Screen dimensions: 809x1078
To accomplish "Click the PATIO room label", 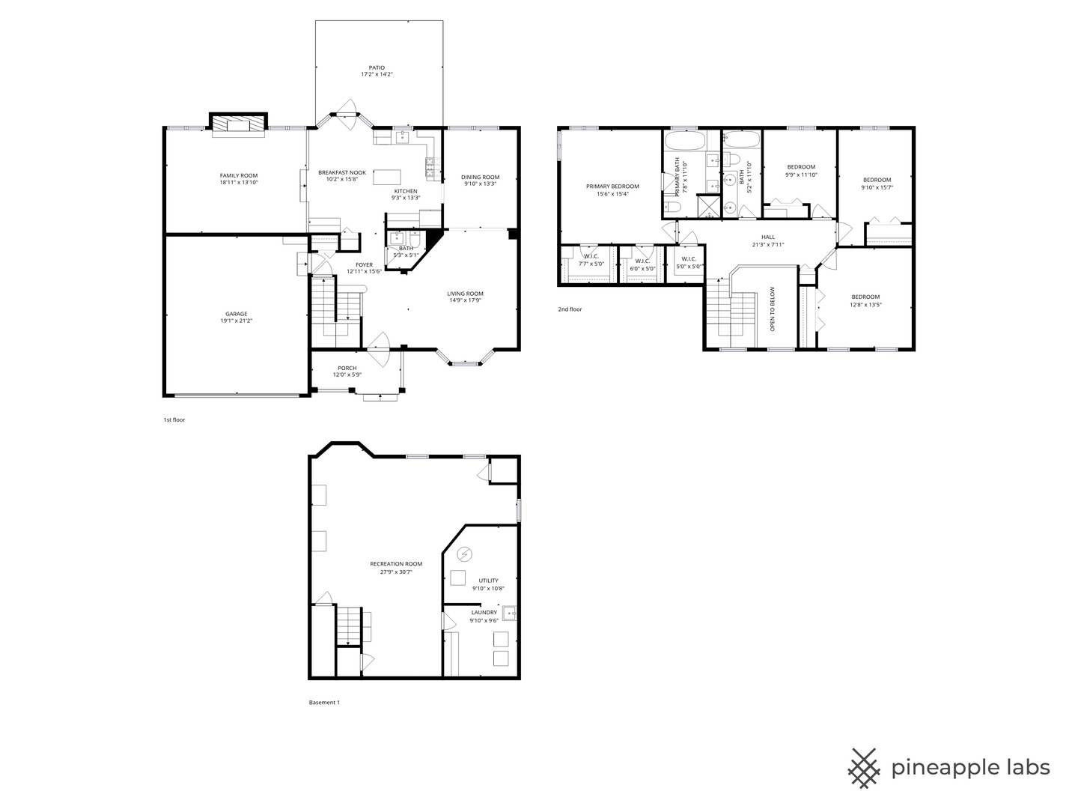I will click(377, 67).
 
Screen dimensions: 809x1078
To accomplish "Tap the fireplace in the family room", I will click(238, 124).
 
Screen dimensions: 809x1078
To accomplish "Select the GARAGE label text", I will click(237, 314).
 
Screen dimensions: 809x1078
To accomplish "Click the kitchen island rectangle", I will click(387, 177).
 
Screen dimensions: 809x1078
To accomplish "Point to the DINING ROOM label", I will click(480, 177).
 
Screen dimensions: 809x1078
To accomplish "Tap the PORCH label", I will click(347, 368).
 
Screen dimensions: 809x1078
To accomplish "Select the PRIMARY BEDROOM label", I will click(612, 186).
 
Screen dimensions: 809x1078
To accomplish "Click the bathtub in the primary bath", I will click(684, 141).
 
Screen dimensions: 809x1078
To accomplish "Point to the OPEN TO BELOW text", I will click(773, 309).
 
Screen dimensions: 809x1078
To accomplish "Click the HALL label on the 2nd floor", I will click(768, 237).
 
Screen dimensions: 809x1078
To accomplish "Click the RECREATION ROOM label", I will click(396, 563).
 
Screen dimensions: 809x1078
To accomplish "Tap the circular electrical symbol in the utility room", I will click(465, 554).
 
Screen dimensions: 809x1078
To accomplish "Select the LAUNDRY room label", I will click(484, 612).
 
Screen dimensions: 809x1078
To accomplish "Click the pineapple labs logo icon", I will click(865, 768).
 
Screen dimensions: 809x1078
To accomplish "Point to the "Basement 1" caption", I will click(324, 703).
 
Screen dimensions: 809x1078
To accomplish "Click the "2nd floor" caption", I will click(570, 309).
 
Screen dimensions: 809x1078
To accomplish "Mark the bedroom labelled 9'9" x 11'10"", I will click(801, 166).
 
